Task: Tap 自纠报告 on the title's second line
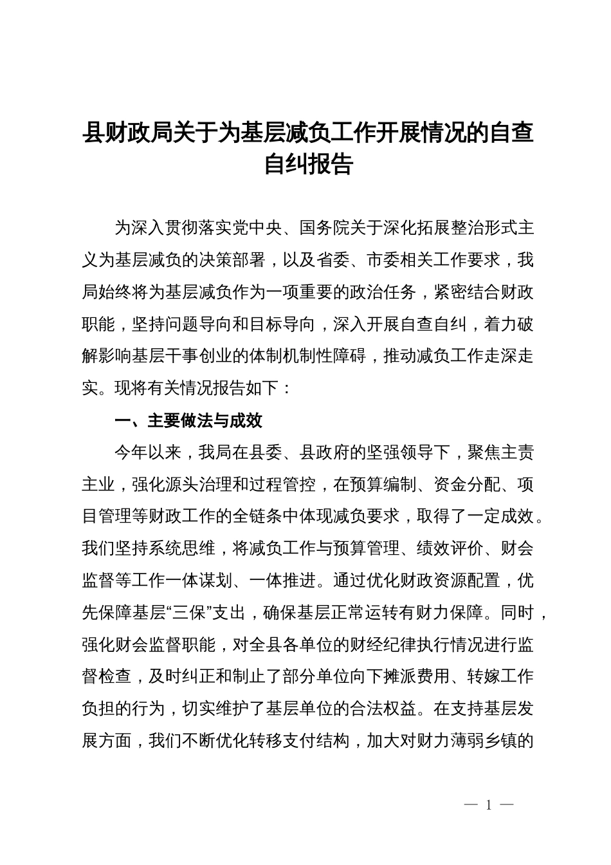pos(309,165)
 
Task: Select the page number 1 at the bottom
pos(489,805)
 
